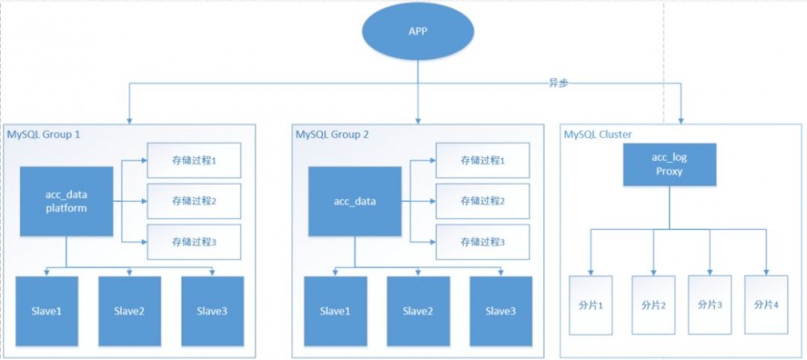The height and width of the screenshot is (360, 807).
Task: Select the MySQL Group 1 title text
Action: click(x=44, y=134)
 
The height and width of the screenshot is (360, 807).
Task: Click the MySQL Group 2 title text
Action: click(x=332, y=134)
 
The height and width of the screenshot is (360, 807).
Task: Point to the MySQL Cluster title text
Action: click(x=598, y=134)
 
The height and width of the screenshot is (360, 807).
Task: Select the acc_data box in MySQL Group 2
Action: click(x=355, y=202)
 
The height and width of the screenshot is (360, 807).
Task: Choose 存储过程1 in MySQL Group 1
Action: click(x=194, y=161)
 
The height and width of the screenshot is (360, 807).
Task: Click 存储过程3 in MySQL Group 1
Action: click(x=194, y=241)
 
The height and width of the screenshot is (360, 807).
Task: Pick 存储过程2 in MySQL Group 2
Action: click(x=483, y=201)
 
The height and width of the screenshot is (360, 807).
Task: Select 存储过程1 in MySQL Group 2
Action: click(x=483, y=161)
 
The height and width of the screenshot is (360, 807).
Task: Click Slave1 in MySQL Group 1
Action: click(x=46, y=311)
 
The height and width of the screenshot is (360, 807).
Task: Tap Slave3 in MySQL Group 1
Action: click(x=211, y=311)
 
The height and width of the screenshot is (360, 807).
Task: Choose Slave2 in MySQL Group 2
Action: click(x=418, y=311)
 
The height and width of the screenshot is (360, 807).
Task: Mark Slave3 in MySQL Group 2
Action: click(x=500, y=311)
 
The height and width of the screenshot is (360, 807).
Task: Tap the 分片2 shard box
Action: click(x=653, y=304)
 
